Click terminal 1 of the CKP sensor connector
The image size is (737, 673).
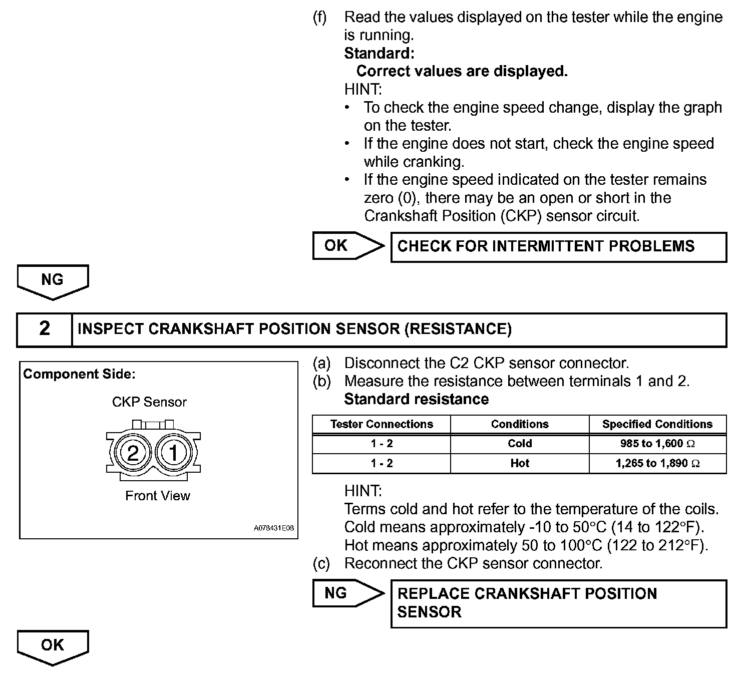point(173,453)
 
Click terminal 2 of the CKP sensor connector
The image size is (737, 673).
point(133,453)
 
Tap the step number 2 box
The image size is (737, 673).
point(45,329)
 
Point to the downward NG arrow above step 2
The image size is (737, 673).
point(53,281)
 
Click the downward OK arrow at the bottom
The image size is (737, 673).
point(53,646)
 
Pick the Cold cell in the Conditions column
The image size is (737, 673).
point(520,444)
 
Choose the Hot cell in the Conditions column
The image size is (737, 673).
point(520,463)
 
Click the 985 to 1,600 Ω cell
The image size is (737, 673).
point(657,444)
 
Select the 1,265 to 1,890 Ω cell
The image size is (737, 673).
point(657,463)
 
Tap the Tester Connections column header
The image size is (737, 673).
point(382,424)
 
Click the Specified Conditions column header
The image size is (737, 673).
point(657,424)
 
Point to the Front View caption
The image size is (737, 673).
point(158,496)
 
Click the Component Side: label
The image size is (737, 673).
point(80,374)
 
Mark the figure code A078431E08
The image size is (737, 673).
point(274,528)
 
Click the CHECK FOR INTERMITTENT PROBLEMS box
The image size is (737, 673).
point(558,246)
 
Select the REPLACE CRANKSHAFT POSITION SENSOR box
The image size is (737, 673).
point(558,603)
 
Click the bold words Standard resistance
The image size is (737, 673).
point(417,399)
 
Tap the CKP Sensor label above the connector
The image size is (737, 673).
point(149,402)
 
